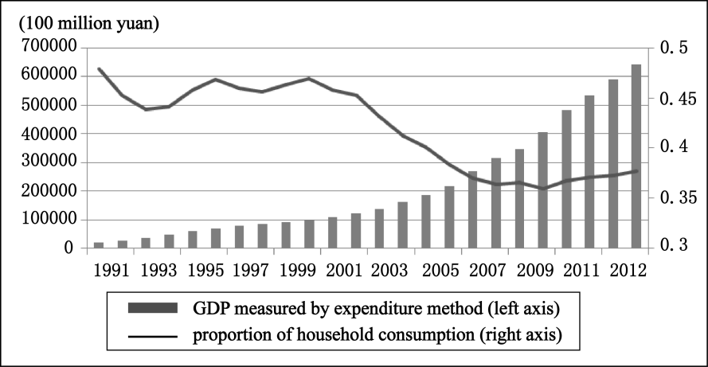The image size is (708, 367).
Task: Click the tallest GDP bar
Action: pos(636,156)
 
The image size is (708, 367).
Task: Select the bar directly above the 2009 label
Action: pos(542,190)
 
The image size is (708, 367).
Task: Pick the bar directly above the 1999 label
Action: pos(309,234)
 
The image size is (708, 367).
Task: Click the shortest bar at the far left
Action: pos(99,245)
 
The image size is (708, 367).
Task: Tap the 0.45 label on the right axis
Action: pos(675,99)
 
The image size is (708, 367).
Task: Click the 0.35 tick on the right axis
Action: pos(675,197)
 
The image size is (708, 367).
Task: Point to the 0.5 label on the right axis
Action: pos(673,49)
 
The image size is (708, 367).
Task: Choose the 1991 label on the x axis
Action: pos(110,270)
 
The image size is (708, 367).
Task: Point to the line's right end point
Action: pos(636,170)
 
